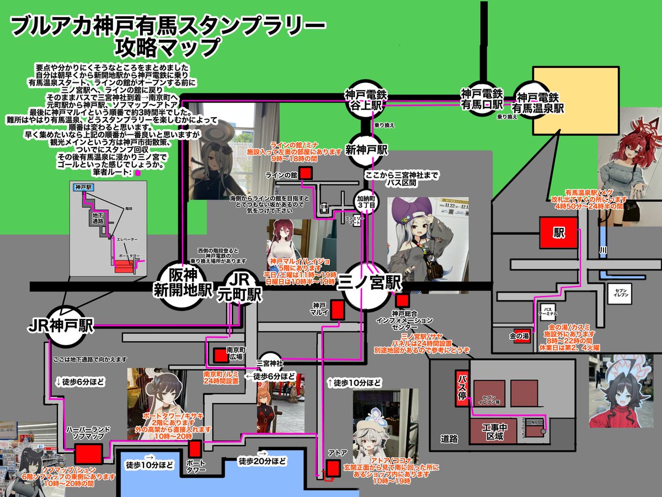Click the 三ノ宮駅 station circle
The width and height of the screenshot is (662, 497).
point(370,287)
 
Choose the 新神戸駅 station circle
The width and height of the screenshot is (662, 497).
point(366,150)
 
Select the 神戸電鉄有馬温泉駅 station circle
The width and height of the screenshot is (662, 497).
point(538,101)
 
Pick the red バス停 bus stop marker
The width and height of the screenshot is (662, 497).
point(462,389)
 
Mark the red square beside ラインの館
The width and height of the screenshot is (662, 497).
point(306,174)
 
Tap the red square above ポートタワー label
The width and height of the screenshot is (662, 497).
point(195,448)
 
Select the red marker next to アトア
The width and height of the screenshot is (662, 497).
point(333,468)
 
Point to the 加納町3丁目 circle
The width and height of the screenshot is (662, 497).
point(366,200)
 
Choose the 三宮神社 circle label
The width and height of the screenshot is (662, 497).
point(271,363)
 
